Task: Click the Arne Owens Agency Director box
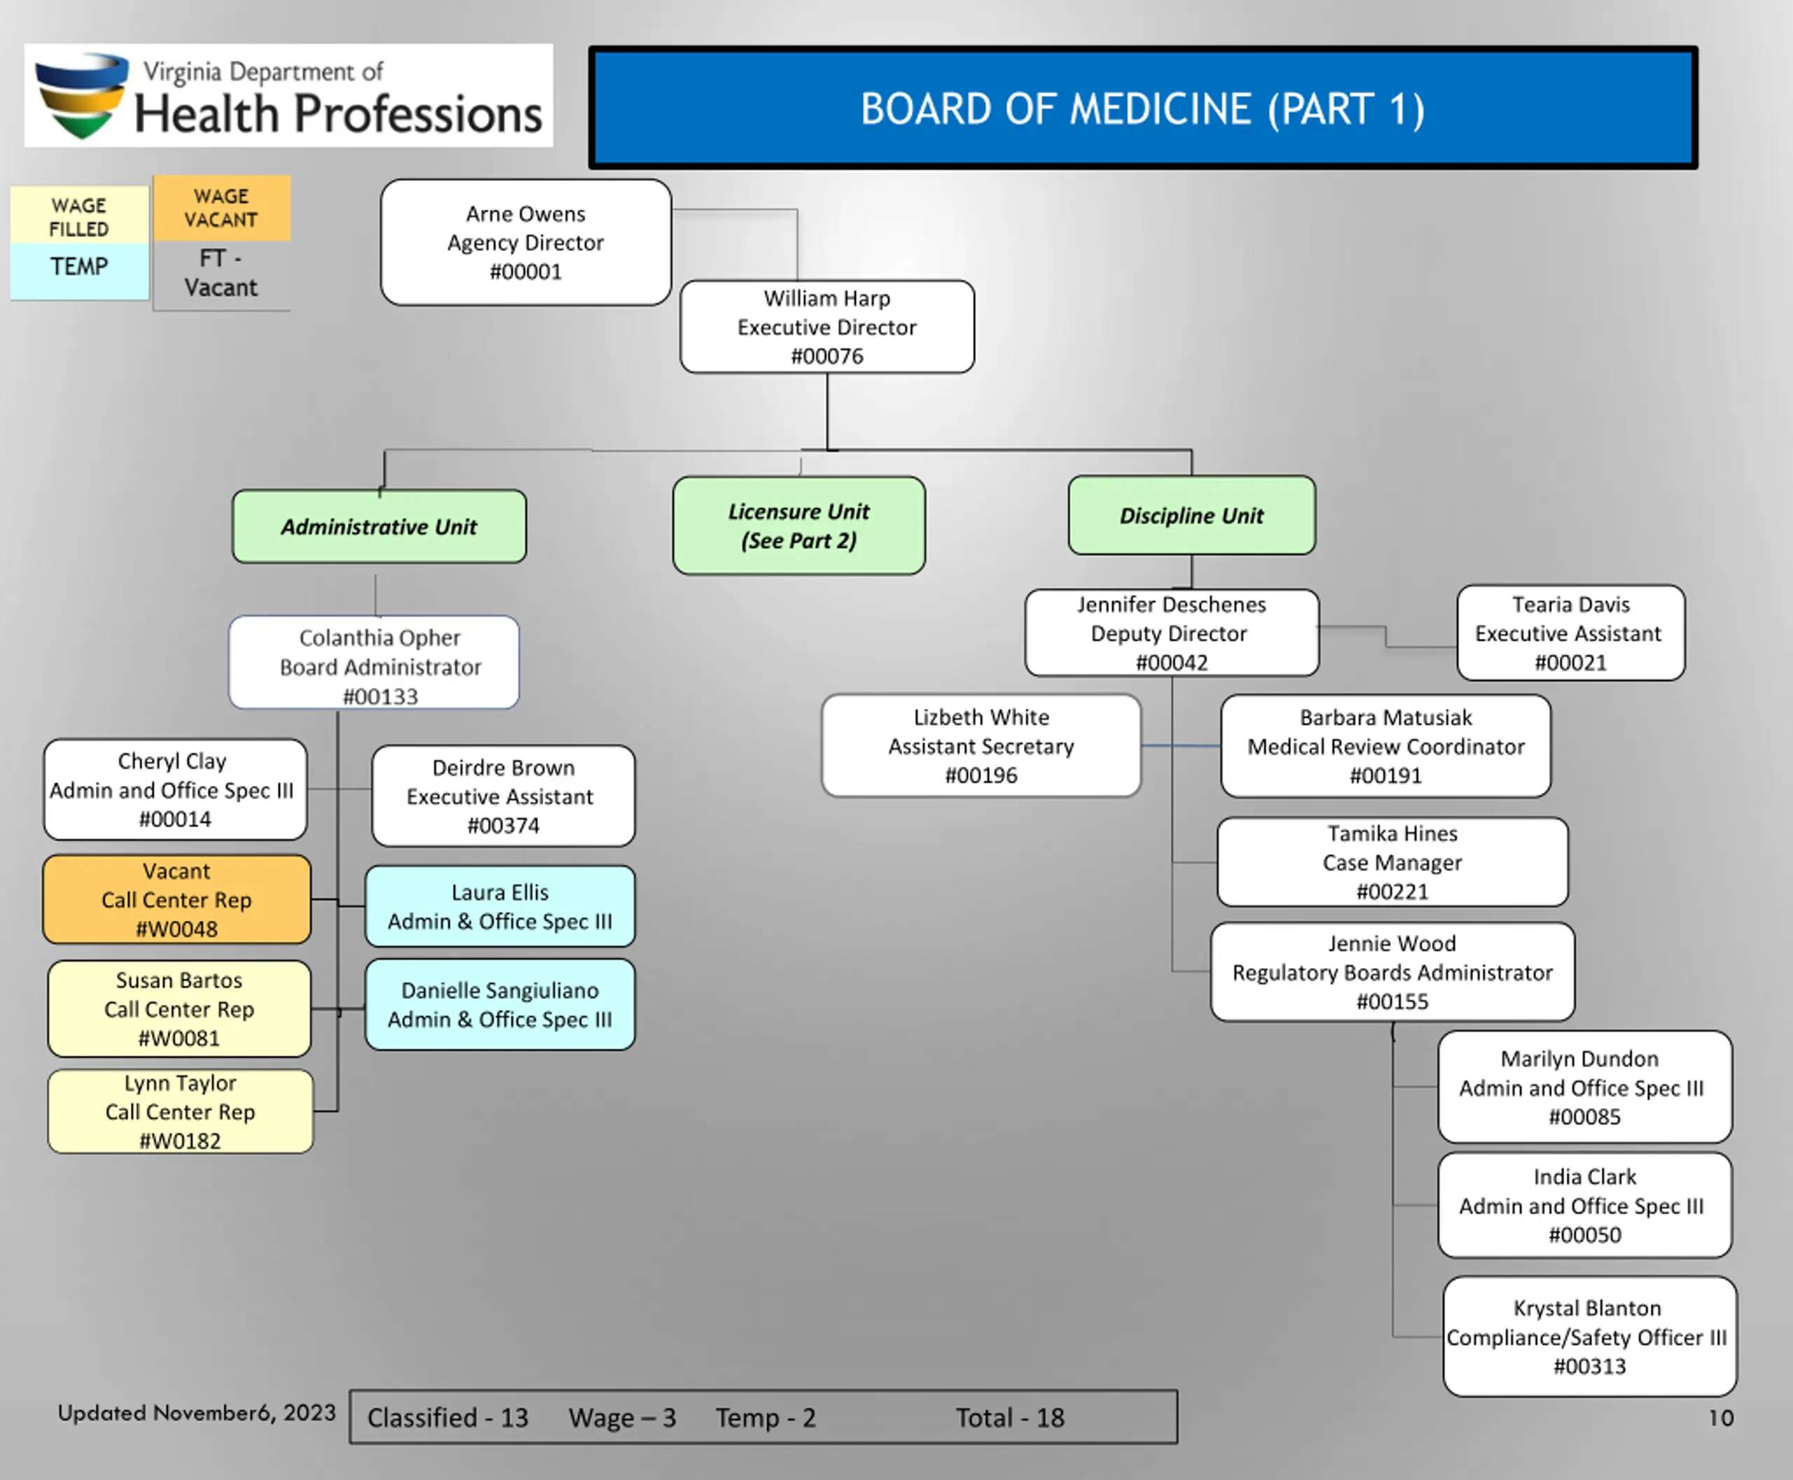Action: tap(526, 242)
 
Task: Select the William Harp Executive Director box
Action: tap(827, 326)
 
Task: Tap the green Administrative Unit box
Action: tap(380, 526)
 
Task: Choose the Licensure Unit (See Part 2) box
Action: tap(799, 525)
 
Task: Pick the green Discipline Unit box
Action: tap(1192, 515)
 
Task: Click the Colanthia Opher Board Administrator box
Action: tap(374, 663)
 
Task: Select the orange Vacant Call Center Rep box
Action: tap(176, 899)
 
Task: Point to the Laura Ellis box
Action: tap(501, 906)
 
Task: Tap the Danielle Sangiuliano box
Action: tap(501, 1004)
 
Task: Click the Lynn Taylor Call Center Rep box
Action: tap(181, 1112)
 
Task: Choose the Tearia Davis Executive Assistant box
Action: tap(1570, 632)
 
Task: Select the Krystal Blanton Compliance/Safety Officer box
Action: tap(1590, 1336)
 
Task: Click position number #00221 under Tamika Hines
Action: tap(1392, 892)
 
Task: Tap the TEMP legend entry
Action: tap(79, 267)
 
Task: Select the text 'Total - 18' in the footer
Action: tap(1011, 1418)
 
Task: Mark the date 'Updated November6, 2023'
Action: tap(197, 1413)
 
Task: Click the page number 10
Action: tap(1721, 1418)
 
